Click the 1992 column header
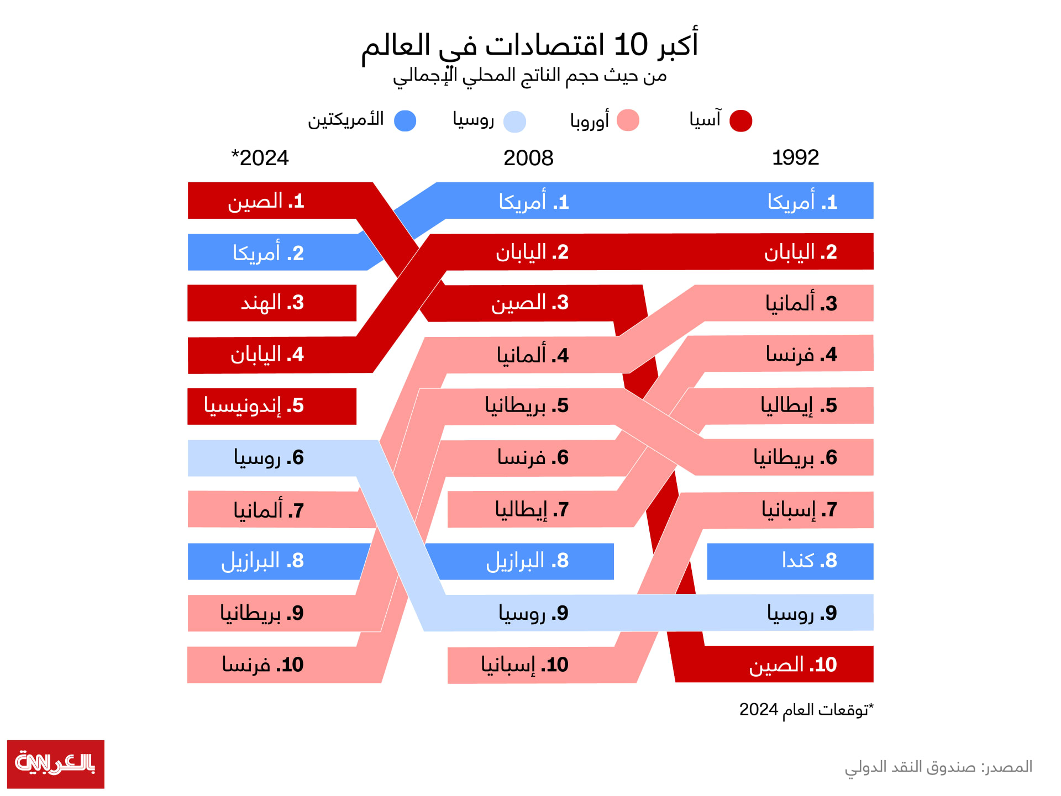795,158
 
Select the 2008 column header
528,159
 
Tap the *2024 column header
260,158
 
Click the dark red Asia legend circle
740,120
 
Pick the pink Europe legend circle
628,120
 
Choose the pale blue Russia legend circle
514,122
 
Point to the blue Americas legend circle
405,120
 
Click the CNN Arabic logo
56,764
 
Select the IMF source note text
938,767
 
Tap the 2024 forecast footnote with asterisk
807,709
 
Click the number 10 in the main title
631,45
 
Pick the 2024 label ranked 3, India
272,303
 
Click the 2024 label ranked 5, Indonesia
254,405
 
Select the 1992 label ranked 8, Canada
810,561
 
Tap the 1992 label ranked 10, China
793,665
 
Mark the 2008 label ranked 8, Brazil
527,561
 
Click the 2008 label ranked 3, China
530,303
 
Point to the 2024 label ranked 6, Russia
269,458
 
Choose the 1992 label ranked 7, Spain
800,509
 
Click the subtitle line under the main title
529,76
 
